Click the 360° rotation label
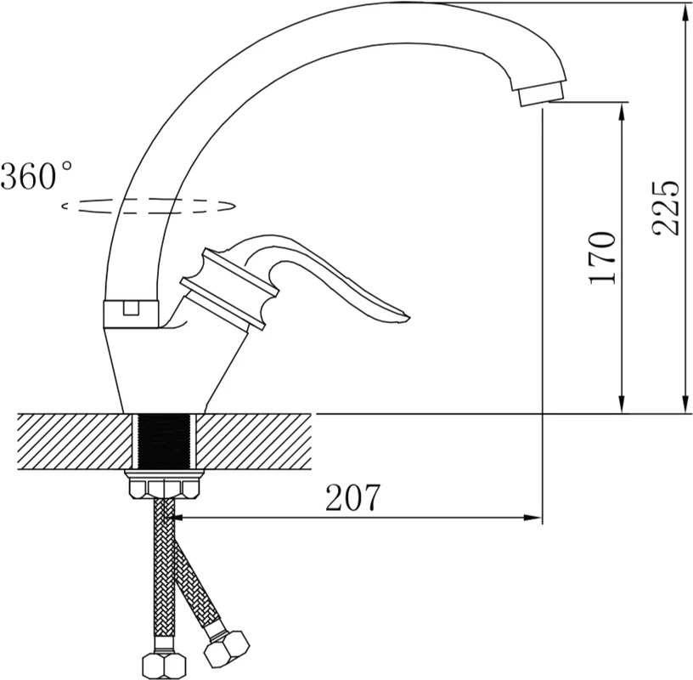click(x=37, y=176)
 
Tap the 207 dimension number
click(x=352, y=497)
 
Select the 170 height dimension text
click(x=602, y=258)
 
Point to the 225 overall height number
click(x=665, y=207)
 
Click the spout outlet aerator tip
click(x=542, y=94)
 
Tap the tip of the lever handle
click(x=409, y=317)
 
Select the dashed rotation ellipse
click(x=148, y=206)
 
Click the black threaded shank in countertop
click(x=165, y=441)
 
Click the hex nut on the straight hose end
click(x=165, y=665)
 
